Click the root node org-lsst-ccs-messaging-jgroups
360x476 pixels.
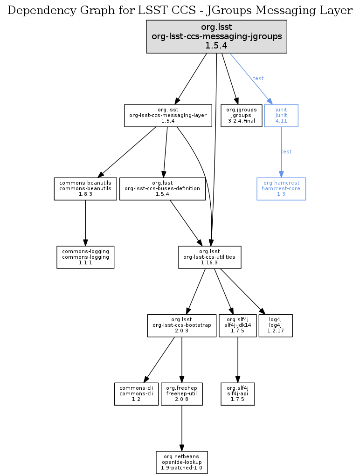216,36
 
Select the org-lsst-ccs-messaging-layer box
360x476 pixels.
168,115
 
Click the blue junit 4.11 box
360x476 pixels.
281,115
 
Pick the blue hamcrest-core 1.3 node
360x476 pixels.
281,188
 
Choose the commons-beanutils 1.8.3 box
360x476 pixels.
85,188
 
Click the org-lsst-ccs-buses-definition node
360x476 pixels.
162,188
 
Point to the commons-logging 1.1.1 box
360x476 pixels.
85,257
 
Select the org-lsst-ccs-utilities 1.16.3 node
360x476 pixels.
210,257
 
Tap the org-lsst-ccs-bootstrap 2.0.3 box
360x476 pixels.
181,325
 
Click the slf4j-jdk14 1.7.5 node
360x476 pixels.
238,325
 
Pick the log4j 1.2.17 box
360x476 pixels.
275,325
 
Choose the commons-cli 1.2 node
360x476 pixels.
136,393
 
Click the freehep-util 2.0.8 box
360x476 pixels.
181,393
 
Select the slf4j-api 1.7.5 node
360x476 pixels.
238,393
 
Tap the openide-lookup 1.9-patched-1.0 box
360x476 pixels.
181,462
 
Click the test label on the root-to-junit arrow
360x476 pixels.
258,78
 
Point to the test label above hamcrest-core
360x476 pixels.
286,152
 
